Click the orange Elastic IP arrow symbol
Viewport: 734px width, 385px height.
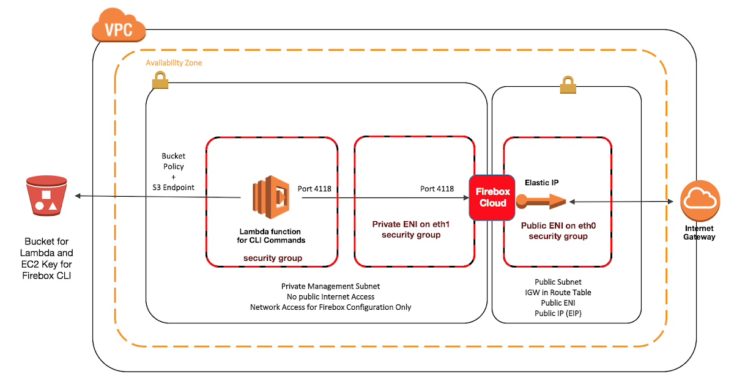pyautogui.click(x=541, y=201)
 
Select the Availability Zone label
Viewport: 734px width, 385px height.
pyautogui.click(x=174, y=63)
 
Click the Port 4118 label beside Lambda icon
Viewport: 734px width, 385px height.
pyautogui.click(x=314, y=189)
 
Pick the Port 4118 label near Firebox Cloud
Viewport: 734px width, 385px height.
pyautogui.click(x=437, y=189)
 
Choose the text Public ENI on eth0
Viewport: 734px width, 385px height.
pyautogui.click(x=558, y=226)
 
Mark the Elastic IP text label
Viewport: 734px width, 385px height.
pyautogui.click(x=542, y=182)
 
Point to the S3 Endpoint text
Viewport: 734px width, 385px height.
pyautogui.click(x=174, y=187)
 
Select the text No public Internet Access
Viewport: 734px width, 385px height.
pyautogui.click(x=330, y=296)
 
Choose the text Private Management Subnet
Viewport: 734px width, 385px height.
pyautogui.click(x=330, y=286)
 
